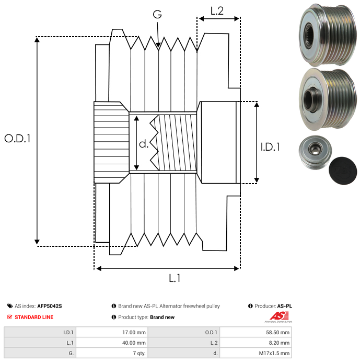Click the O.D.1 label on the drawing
coord(17,139)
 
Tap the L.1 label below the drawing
coord(175,278)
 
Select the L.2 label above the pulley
coord(217,10)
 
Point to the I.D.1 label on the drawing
coord(270,148)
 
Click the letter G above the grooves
coord(157,15)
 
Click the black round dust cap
coord(343,171)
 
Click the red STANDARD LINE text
coord(33,317)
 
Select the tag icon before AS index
coord(10,306)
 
